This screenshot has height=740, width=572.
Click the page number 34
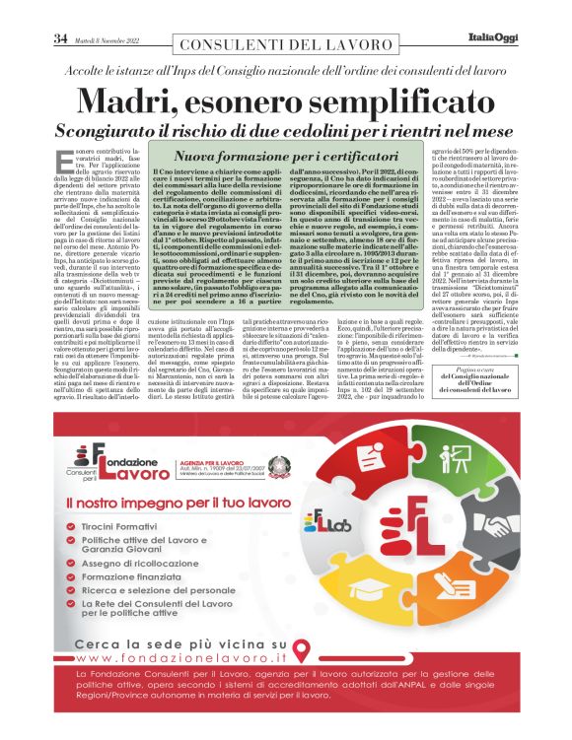pyautogui.click(x=60, y=39)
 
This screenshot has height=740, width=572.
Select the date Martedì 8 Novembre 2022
pyautogui.click(x=103, y=40)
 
